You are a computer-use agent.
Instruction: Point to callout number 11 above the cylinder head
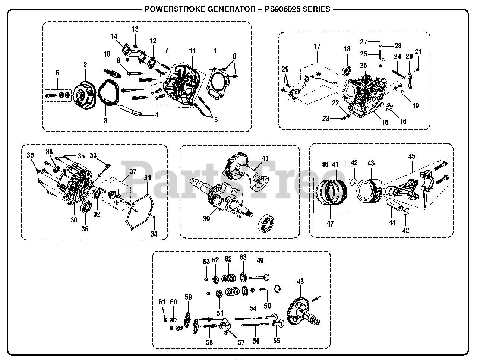[x=192, y=50]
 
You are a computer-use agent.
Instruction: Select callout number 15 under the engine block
[x=385, y=122]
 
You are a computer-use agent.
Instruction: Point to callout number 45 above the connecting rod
[x=411, y=156]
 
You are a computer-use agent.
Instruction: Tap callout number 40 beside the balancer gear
[x=265, y=158]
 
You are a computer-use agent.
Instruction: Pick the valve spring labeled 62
[x=228, y=278]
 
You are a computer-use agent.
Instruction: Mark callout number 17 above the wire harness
[x=317, y=47]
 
